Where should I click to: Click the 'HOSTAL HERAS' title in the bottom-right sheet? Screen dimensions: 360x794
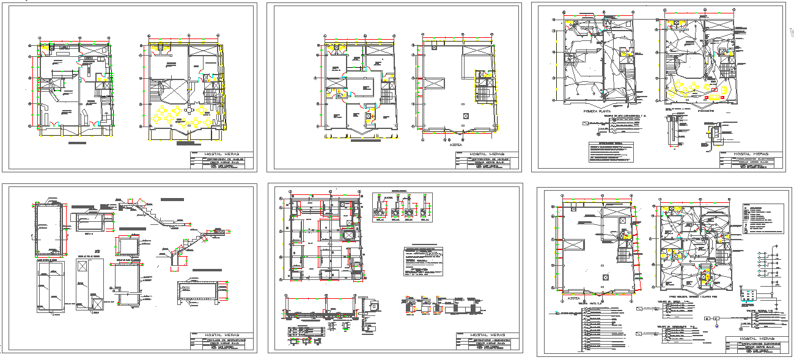point(757,339)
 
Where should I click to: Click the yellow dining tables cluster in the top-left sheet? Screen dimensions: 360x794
point(182,116)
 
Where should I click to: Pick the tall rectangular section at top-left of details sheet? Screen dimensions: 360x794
point(48,229)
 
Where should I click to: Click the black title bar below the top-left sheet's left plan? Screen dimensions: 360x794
point(76,143)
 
